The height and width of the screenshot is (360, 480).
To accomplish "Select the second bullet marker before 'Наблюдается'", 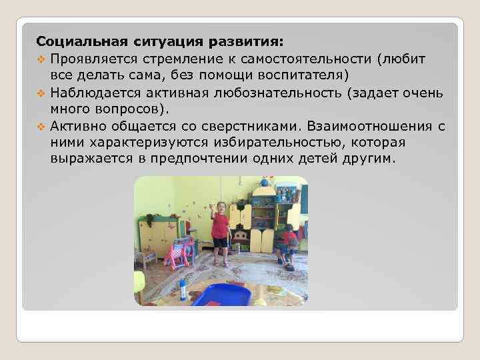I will pos(40,93).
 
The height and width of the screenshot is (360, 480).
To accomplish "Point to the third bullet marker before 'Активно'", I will pos(40,127).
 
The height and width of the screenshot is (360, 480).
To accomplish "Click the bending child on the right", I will pos(289,243).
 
